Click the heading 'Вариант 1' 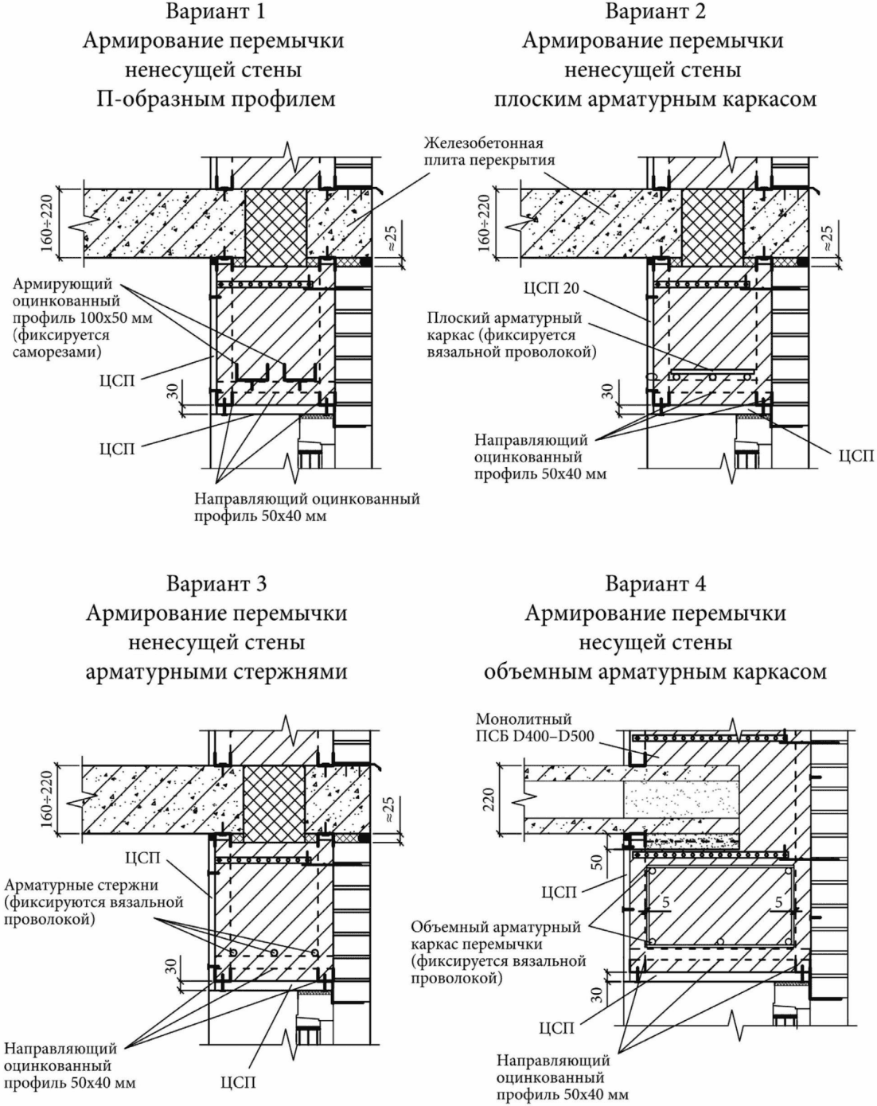coord(216,11)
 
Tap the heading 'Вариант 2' coord(656,11)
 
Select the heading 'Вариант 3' coord(216,584)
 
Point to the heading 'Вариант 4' coord(656,584)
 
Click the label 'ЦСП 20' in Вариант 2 coord(551,289)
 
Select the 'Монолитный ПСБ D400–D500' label coord(535,727)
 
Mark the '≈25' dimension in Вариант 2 coord(827,238)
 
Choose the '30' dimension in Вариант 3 coord(172,966)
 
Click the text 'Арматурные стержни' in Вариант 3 coord(81,885)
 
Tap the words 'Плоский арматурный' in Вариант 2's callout coord(505,318)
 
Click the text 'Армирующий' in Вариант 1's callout coord(62,284)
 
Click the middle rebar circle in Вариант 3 coord(274,952)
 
